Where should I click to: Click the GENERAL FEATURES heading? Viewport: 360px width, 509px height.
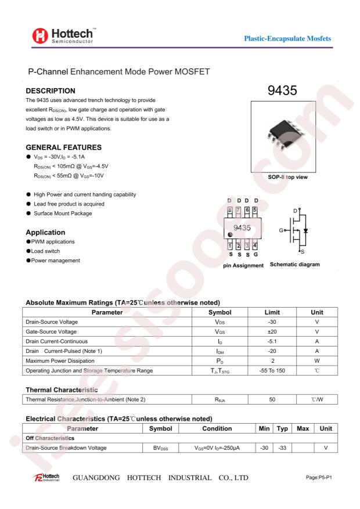click(64, 147)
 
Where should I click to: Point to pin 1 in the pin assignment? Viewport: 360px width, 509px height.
click(230, 246)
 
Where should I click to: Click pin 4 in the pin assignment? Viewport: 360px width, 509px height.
click(255, 246)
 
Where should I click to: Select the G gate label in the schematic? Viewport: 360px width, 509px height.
click(281, 231)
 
